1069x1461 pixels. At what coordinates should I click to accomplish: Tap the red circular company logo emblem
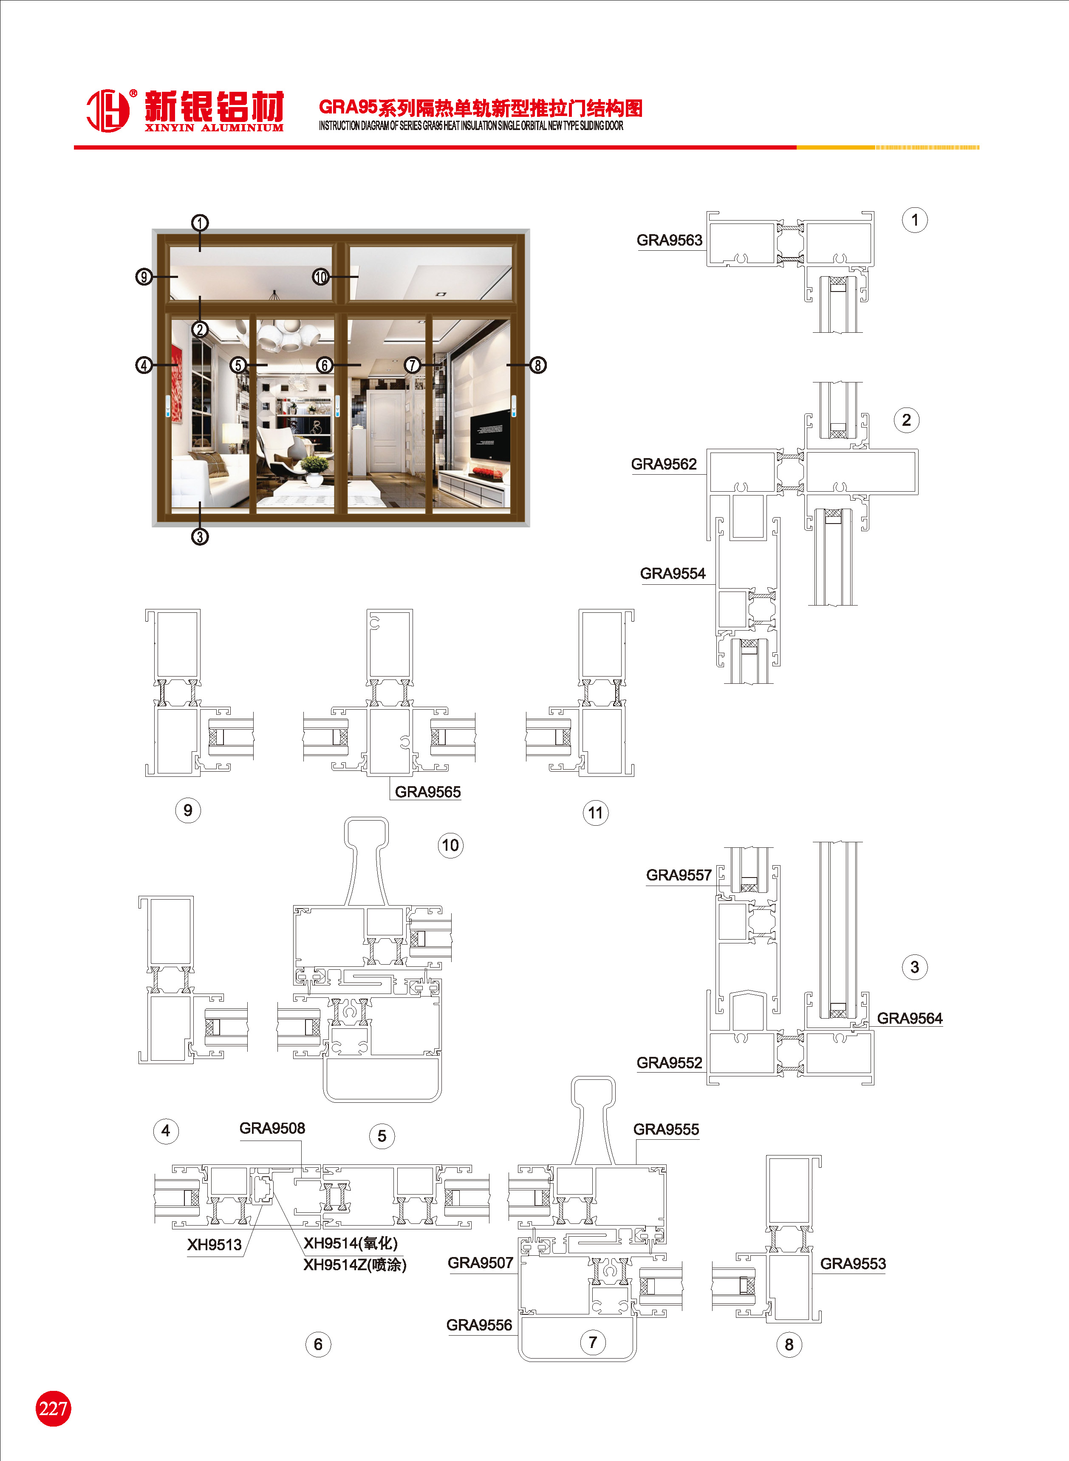click(108, 110)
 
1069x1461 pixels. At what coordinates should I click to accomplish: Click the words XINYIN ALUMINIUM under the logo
click(214, 127)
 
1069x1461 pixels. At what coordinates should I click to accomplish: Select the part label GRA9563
click(669, 240)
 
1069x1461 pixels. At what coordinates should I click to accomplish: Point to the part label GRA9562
click(664, 464)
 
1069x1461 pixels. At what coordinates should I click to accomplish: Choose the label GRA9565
click(428, 792)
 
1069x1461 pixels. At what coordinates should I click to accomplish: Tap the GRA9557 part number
click(679, 875)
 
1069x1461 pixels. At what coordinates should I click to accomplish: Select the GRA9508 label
click(272, 1128)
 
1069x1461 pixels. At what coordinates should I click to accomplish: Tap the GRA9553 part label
click(853, 1264)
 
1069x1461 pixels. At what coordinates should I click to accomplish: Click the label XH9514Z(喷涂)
click(355, 1265)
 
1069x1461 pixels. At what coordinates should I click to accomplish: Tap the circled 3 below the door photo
click(200, 536)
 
